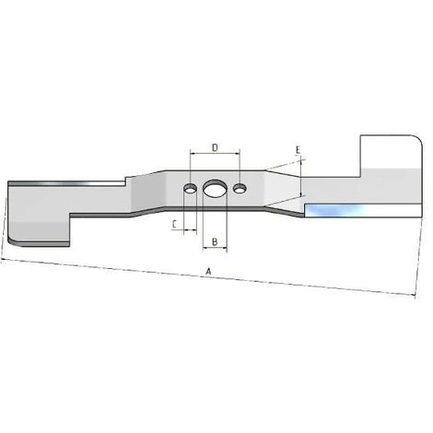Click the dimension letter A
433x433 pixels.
tap(209, 272)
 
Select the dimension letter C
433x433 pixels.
tap(174, 223)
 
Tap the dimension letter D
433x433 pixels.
tap(214, 147)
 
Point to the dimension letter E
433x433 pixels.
tap(298, 149)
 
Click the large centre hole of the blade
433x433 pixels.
tap(214, 189)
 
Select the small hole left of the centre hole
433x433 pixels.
tap(189, 188)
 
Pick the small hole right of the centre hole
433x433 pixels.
tap(240, 189)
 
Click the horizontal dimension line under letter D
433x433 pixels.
tap(214, 155)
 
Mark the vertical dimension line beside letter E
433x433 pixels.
tap(302, 180)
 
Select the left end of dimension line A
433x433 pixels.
tap(4, 261)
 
